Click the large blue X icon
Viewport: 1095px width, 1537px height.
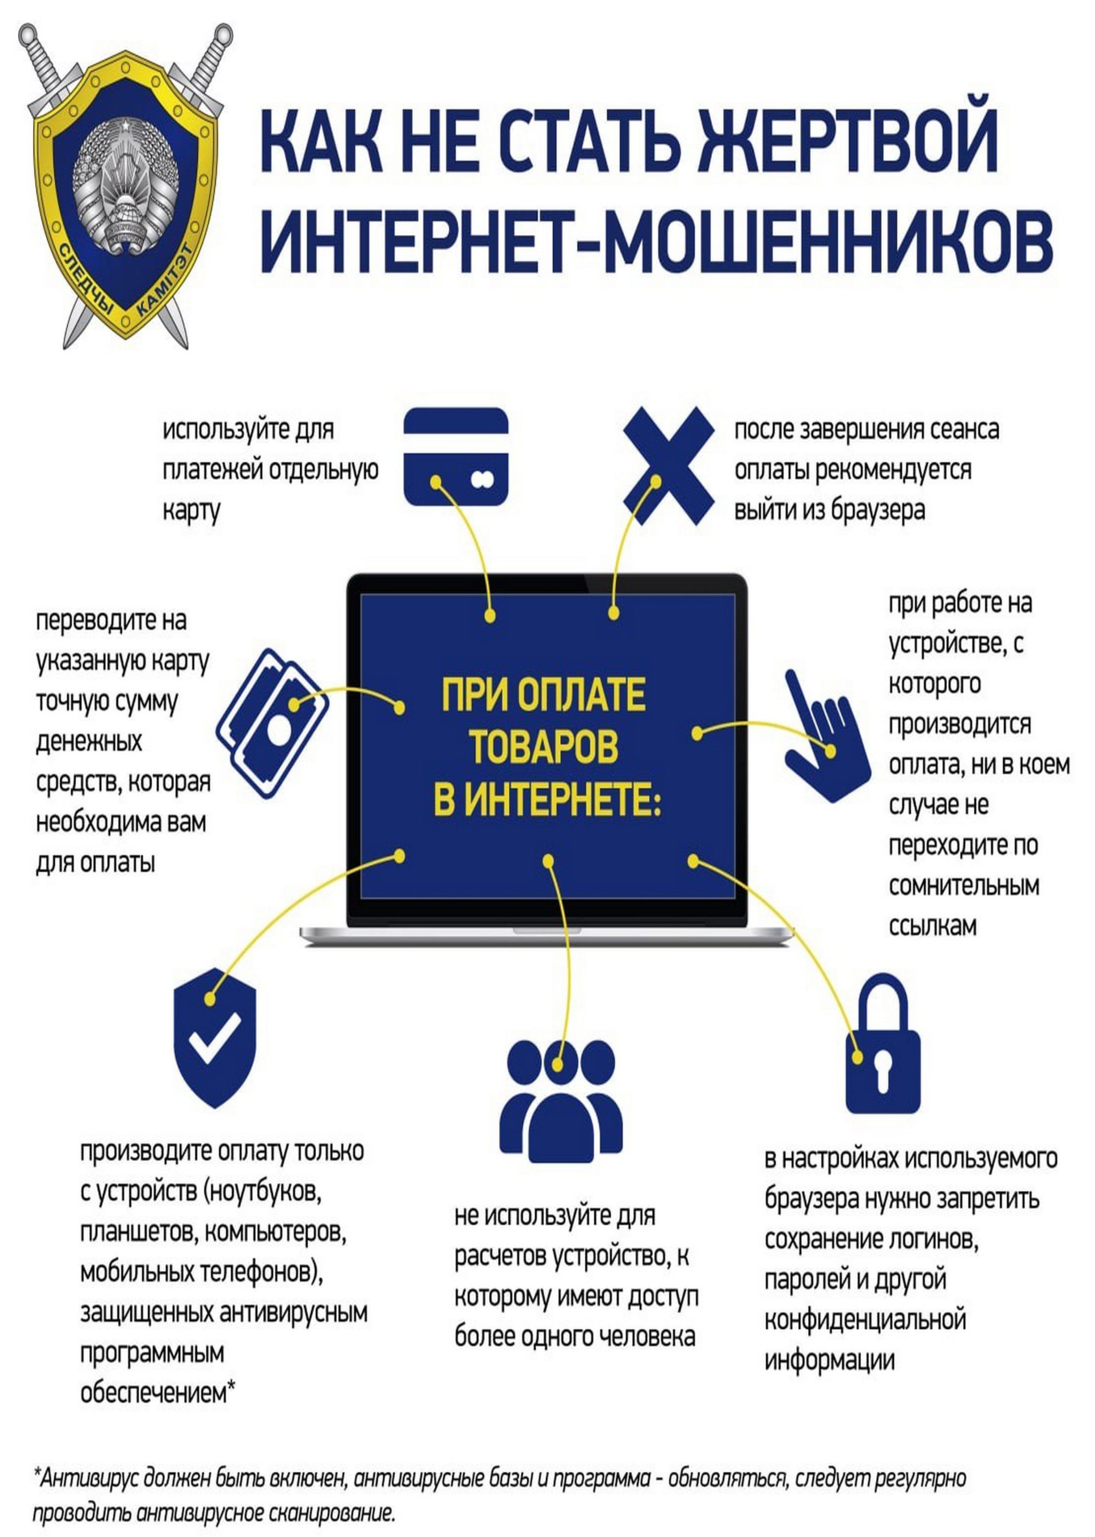pyautogui.click(x=667, y=465)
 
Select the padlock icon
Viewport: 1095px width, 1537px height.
pyautogui.click(x=883, y=1053)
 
